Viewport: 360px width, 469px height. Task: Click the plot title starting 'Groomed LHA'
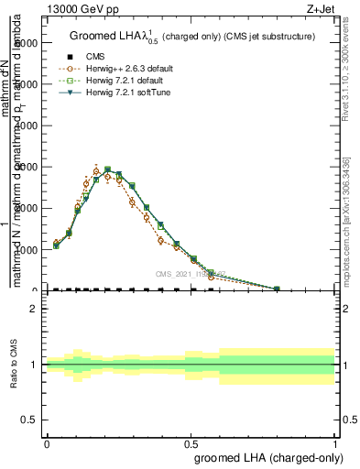tap(192, 37)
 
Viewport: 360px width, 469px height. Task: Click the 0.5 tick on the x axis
tap(191, 441)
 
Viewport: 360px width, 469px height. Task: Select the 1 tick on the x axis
tap(334, 441)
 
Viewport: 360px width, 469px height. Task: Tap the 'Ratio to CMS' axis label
tap(14, 365)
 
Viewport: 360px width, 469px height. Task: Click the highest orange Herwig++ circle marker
tap(96, 171)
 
